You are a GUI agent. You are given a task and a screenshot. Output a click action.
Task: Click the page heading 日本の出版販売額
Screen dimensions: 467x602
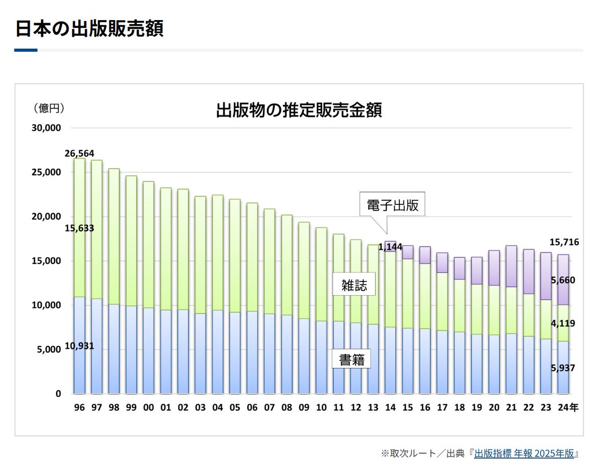(x=89, y=29)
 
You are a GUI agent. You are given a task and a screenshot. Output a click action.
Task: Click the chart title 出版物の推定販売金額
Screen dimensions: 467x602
(x=299, y=110)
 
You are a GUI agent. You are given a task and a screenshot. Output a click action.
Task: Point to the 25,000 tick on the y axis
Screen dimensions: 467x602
(x=46, y=172)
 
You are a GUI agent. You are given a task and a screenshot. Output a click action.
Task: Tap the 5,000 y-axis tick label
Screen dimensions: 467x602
(x=48, y=349)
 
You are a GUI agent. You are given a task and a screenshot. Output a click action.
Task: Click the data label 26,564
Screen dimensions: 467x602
(x=79, y=153)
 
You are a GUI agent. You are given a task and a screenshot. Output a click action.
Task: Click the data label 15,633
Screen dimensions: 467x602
(x=79, y=228)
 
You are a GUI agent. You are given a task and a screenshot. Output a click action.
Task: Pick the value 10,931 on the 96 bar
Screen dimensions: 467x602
(x=79, y=347)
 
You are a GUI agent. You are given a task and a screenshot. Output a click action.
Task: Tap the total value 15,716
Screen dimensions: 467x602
(x=564, y=242)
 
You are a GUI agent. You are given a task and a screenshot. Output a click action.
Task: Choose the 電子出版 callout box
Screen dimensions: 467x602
(x=392, y=205)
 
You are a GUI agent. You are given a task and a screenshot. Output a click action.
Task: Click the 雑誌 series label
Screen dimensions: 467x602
(x=355, y=286)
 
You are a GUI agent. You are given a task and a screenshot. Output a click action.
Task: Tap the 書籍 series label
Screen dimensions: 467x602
(x=351, y=360)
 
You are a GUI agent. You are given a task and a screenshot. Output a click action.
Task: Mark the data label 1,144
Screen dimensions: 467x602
(x=390, y=247)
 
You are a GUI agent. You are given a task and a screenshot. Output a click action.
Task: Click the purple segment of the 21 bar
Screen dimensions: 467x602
(x=511, y=266)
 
